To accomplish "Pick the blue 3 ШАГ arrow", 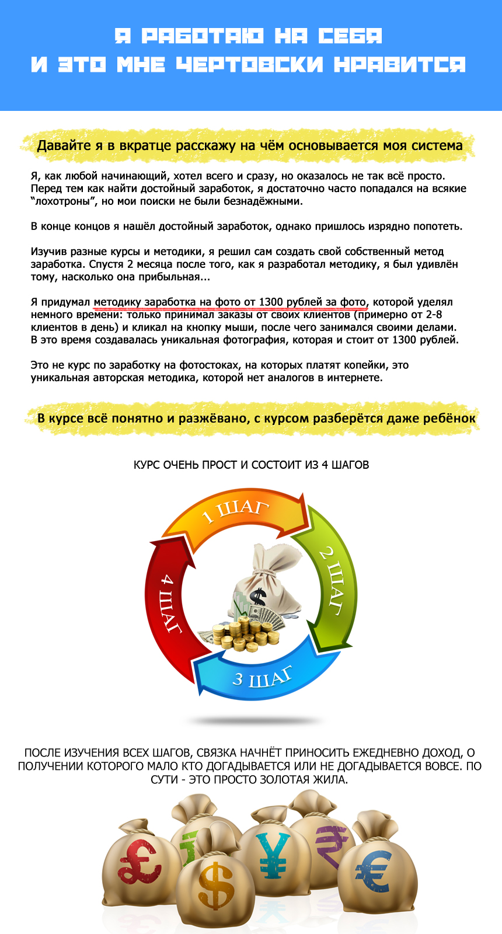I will coord(263,677).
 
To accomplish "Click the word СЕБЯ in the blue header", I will coord(350,36).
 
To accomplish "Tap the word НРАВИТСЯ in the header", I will coord(400,64).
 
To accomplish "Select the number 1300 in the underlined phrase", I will coord(271,302).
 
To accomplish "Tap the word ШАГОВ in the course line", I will coord(350,465).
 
